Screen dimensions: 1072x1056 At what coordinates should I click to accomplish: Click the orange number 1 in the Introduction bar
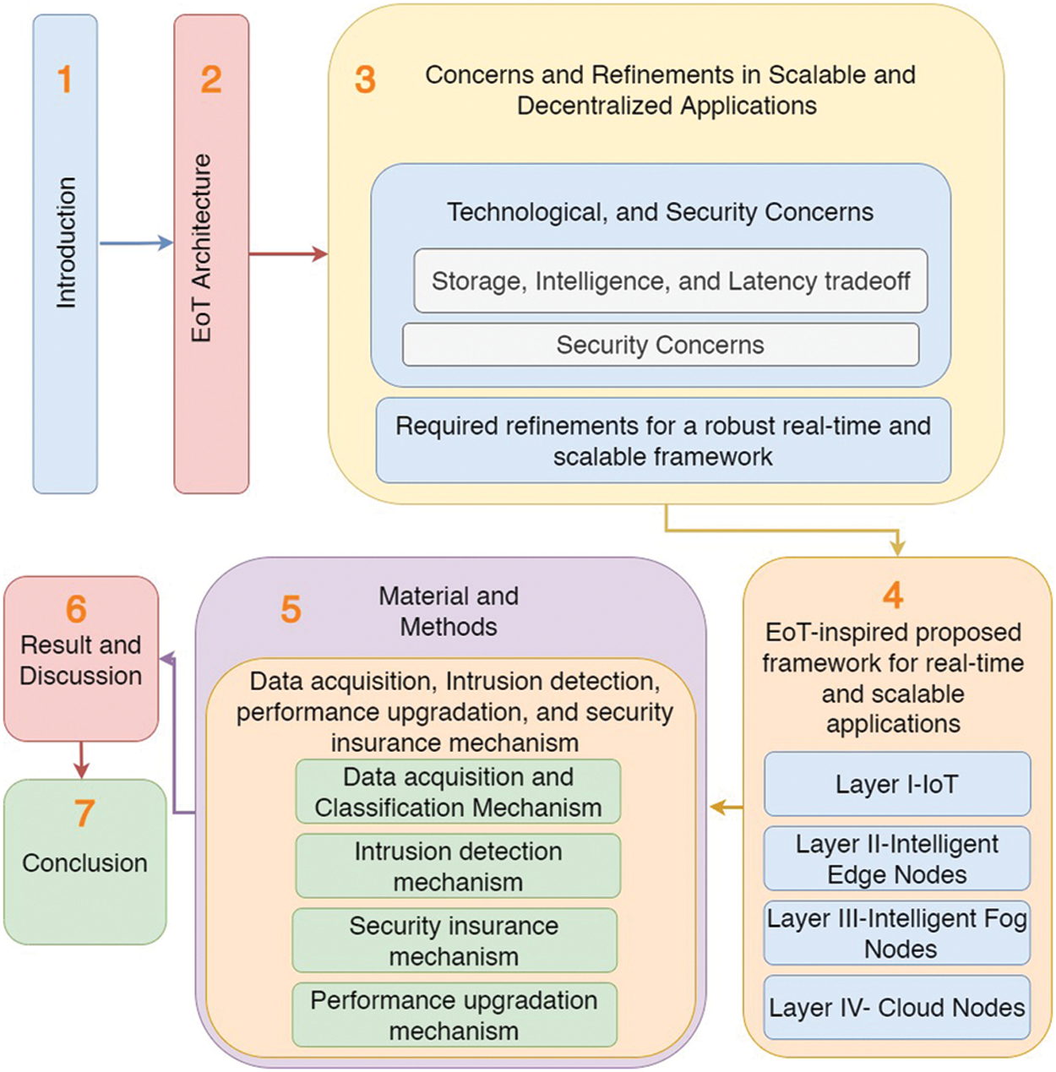pos(65,79)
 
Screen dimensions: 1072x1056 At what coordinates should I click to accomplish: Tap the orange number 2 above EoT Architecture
pos(211,79)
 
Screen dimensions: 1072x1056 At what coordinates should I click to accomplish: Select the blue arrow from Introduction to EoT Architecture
pos(136,243)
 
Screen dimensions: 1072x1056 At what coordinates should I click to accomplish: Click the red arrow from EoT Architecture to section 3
pos(288,253)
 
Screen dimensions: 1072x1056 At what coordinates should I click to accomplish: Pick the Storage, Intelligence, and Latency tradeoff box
pos(670,280)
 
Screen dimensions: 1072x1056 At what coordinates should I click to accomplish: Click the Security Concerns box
pos(660,345)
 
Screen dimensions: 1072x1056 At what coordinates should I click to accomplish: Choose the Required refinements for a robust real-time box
pos(663,441)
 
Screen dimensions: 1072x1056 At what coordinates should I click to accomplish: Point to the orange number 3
pos(365,80)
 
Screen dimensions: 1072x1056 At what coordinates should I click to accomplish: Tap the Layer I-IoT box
pos(896,784)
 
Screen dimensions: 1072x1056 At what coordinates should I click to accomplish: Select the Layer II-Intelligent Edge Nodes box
pos(896,858)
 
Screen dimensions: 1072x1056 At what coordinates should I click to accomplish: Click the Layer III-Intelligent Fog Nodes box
pos(896,933)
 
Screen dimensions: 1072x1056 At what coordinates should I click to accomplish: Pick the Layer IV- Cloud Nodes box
pos(896,1007)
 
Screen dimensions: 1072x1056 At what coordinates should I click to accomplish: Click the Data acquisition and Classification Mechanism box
pos(458,792)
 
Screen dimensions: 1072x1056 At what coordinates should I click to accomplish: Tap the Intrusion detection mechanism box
pos(458,866)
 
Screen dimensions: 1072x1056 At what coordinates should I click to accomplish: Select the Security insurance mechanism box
pos(455,940)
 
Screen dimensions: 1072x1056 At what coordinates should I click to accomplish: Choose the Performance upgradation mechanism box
pos(455,1015)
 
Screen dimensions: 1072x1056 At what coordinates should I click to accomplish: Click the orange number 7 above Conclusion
pos(84,814)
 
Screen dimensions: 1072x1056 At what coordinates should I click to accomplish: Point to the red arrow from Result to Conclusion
pos(81,759)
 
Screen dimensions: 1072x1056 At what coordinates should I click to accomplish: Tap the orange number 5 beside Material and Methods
pos(291,609)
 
